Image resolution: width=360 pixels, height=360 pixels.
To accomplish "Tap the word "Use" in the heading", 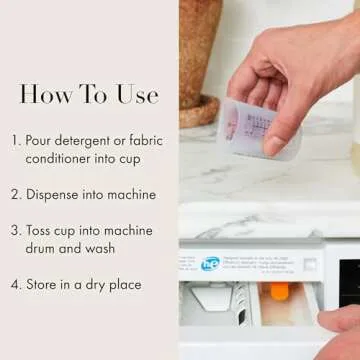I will pos(135,95).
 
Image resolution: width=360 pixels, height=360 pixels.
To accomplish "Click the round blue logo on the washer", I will pos(210,264).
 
